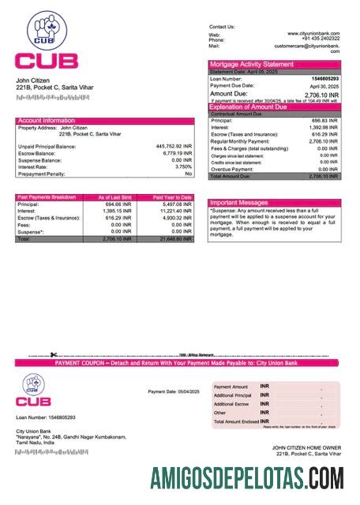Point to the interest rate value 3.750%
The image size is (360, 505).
click(182, 166)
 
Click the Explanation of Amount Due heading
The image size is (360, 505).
click(254, 107)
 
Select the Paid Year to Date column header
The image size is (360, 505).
click(172, 197)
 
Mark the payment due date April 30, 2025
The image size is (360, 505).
click(324, 85)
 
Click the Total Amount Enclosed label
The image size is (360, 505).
click(235, 421)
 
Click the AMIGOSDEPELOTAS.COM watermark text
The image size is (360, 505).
click(247, 477)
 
